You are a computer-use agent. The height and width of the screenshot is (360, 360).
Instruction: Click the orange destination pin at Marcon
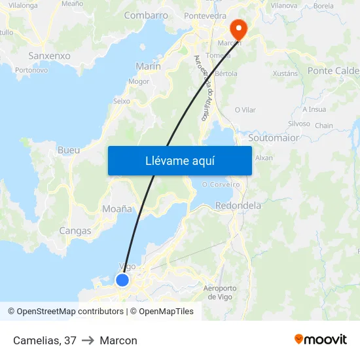coord(238,28)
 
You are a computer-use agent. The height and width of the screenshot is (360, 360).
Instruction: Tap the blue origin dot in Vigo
coord(122,280)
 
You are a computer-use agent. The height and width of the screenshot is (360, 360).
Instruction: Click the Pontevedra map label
coord(205,15)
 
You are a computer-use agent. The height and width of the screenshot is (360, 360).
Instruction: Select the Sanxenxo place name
coord(49,56)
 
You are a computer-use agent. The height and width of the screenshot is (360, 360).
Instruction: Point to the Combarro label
coord(146,15)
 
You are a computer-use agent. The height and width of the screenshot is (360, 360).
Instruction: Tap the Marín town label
coord(148,66)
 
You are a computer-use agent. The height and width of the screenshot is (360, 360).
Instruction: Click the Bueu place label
coord(69,150)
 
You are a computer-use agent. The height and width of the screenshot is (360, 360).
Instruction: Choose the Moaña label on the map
coord(117,209)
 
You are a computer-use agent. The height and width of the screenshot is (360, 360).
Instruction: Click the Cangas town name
coord(75,230)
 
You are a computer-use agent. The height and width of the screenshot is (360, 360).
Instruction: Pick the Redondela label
coord(238,206)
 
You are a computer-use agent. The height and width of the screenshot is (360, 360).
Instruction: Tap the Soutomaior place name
coord(274,138)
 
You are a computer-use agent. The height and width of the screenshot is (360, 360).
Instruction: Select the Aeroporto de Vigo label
coord(220,293)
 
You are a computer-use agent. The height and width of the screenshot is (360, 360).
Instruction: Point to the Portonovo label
coord(31,70)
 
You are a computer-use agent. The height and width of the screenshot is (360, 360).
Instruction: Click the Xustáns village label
coord(285,74)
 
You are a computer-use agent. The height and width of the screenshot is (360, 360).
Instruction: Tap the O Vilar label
coord(245,110)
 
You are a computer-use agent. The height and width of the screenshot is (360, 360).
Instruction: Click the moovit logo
coord(320,340)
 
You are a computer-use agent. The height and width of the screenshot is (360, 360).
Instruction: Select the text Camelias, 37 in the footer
coord(45,340)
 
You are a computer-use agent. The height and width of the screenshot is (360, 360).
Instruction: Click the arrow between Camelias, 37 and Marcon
coord(88,340)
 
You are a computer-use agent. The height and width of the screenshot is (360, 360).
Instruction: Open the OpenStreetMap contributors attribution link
coord(70,312)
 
